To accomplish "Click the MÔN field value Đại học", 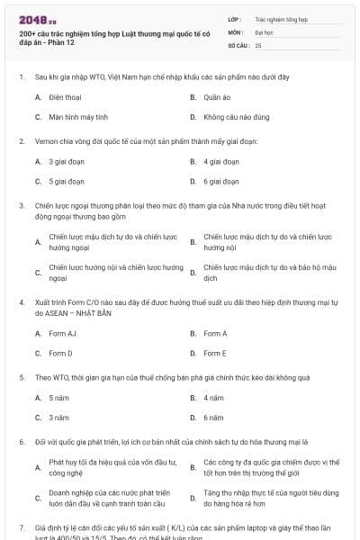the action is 264,31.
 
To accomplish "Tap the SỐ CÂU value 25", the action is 258,44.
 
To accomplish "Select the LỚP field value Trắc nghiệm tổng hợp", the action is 281,18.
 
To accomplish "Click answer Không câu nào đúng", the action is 229,117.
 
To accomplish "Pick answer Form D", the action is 61,354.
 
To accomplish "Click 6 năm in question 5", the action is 213,418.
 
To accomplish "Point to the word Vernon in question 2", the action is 46,141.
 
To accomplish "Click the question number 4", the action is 22,305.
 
